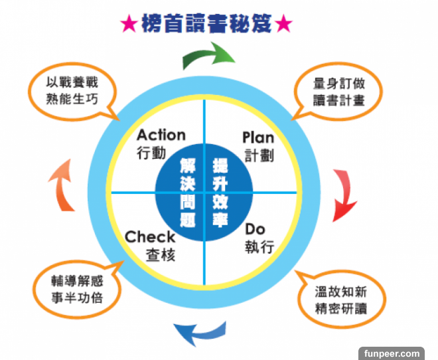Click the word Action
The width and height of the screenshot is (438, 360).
coord(161,135)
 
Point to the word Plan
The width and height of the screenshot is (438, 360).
coord(257,137)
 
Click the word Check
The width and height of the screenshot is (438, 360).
coord(150,236)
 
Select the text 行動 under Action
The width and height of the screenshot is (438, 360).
coord(151,153)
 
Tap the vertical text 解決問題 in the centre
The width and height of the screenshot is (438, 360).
coord(188,193)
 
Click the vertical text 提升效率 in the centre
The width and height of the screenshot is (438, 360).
coord(220,193)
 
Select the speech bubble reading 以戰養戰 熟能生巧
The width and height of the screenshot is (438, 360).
coord(72,91)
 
